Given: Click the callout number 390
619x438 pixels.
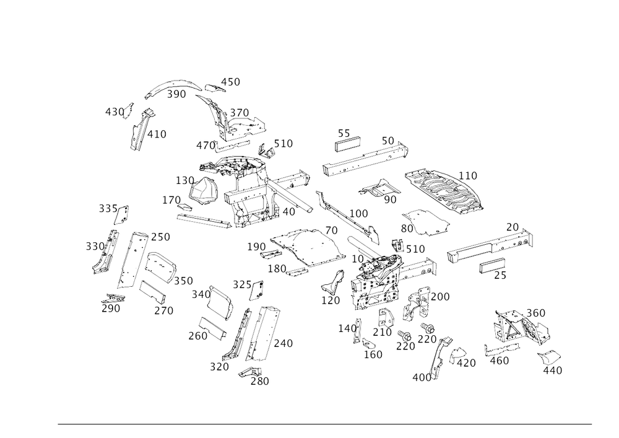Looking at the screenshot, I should tap(177, 94).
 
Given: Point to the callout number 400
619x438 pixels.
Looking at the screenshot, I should tap(425, 376).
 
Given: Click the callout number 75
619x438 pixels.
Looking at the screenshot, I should tap(498, 276).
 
